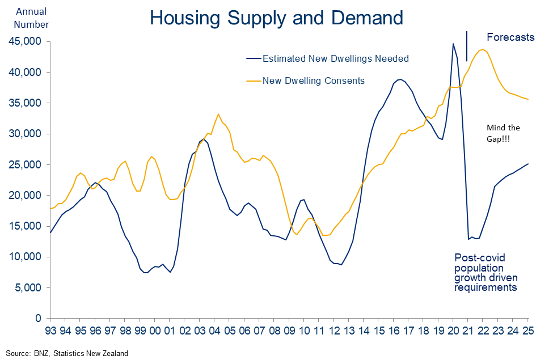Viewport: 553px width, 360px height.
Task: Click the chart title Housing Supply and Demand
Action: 276,18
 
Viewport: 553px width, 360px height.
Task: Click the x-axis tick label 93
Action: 50,329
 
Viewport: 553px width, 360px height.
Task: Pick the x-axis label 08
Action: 274,329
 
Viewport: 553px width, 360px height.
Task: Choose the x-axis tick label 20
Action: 453,329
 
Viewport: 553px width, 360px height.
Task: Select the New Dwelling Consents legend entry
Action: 313,81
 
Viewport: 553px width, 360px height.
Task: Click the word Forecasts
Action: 510,37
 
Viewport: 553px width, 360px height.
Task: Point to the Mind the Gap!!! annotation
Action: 503,133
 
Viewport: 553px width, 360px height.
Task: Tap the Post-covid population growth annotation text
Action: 486,272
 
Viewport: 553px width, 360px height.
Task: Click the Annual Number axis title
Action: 32,18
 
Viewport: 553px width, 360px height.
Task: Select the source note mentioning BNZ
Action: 67,353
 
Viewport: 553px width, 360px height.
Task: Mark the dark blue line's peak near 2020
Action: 453,44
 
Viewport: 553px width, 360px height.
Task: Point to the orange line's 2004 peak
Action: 218,114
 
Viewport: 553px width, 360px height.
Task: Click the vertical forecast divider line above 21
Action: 467,45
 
